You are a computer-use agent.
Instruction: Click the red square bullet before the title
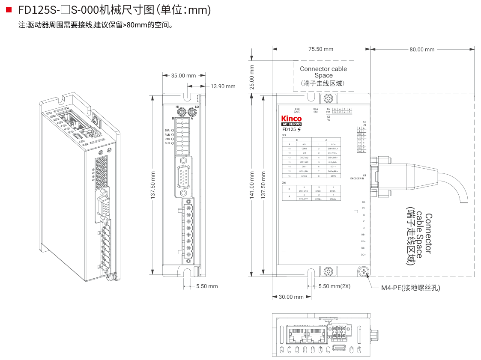pyautogui.click(x=9, y=9)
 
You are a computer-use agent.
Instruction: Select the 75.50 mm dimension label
pyautogui.click(x=321, y=49)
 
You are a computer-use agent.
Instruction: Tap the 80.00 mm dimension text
pyautogui.click(x=421, y=50)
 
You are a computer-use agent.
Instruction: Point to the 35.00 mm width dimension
pyautogui.click(x=183, y=76)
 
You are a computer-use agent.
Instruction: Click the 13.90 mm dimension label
pyautogui.click(x=223, y=86)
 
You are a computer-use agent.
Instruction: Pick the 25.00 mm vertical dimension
pyautogui.click(x=252, y=77)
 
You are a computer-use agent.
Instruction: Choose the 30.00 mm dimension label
pyautogui.click(x=291, y=297)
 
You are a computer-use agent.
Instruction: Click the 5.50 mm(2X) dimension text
pyautogui.click(x=334, y=286)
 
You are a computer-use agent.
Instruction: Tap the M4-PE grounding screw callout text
pyautogui.click(x=410, y=288)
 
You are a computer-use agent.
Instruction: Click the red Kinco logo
pyautogui.click(x=291, y=119)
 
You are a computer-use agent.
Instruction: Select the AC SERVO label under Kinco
pyautogui.click(x=291, y=124)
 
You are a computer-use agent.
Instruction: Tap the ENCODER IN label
pyautogui.click(x=358, y=178)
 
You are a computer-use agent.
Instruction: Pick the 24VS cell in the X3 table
pyautogui.click(x=333, y=176)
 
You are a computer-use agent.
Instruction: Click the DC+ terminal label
pyautogui.click(x=363, y=255)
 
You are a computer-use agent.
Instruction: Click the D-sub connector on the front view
pyautogui.click(x=183, y=176)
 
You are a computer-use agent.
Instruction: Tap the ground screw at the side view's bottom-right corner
pyautogui.click(x=364, y=272)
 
